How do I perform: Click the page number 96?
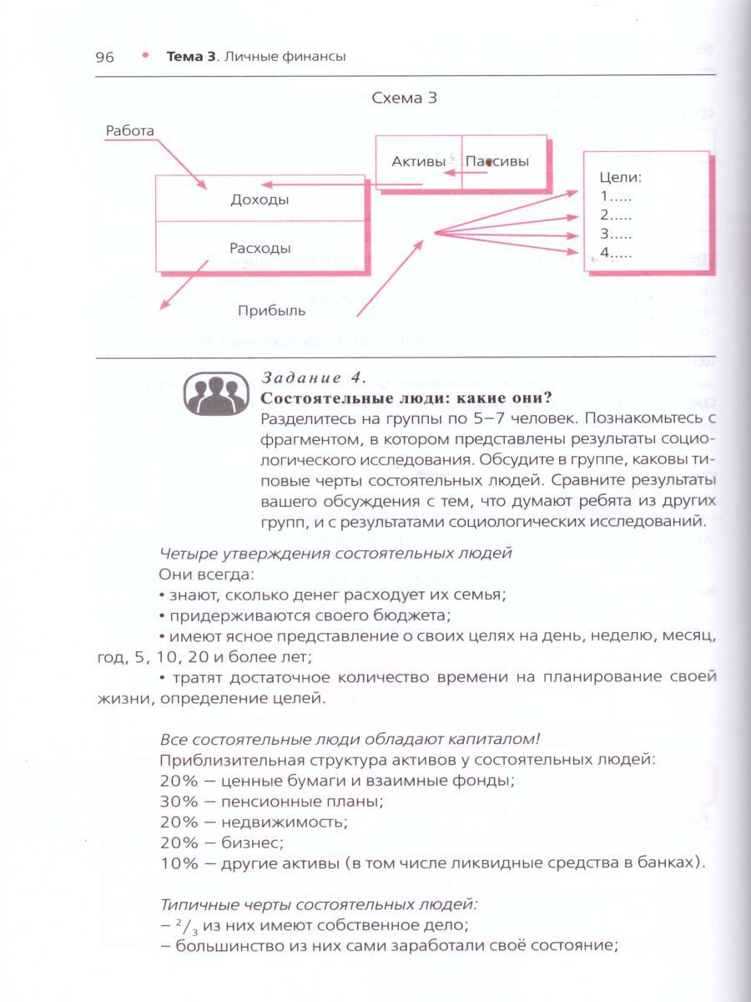104,57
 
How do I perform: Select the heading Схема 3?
406,98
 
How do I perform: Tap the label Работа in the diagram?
129,130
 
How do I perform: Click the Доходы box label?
260,200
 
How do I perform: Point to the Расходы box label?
260,248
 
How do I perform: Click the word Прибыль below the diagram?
271,311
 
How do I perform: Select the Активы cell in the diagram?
418,161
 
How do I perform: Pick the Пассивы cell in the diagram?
497,161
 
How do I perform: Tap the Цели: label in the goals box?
619,177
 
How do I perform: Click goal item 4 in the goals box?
616,253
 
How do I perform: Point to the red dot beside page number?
144,55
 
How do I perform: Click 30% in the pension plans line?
175,802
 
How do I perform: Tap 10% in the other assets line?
175,863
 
